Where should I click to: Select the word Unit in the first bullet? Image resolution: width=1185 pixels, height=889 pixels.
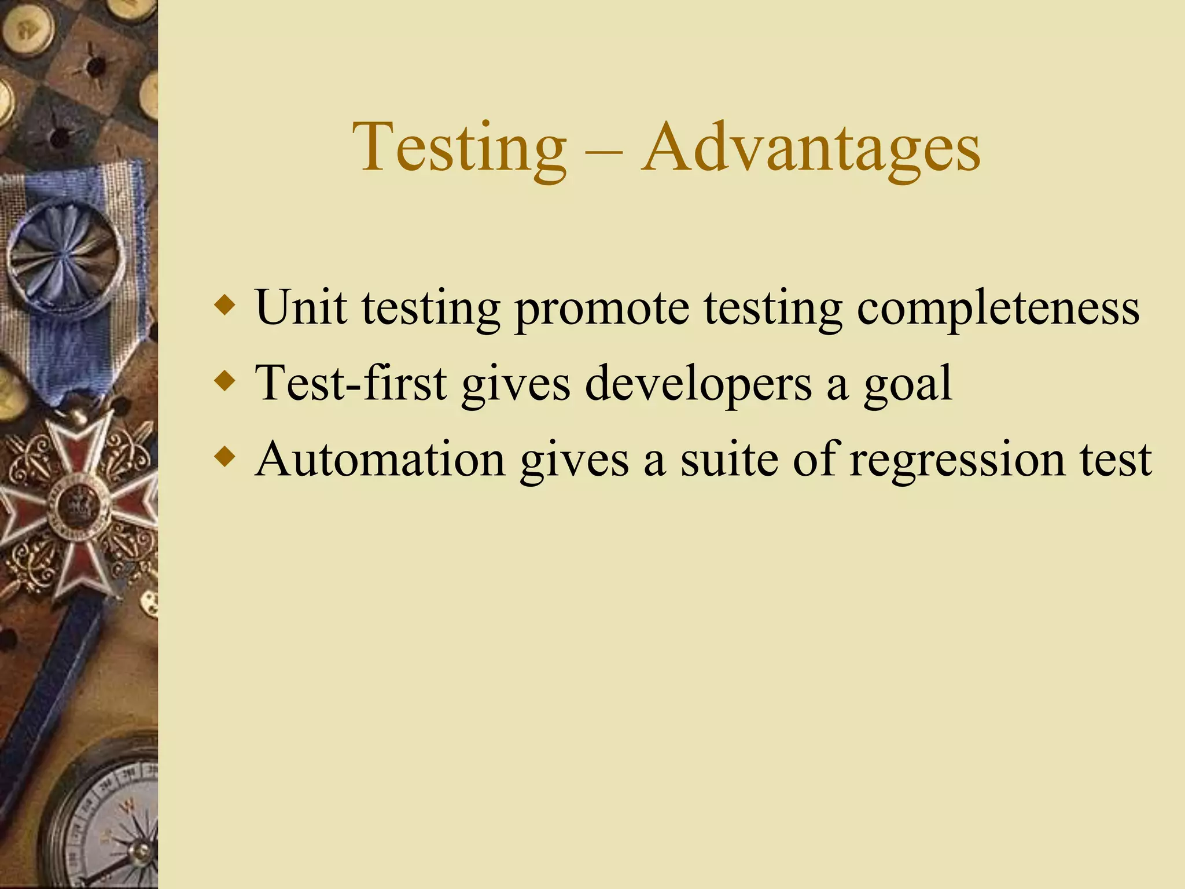click(x=301, y=307)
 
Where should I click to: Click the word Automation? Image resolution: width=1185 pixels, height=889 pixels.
click(x=381, y=459)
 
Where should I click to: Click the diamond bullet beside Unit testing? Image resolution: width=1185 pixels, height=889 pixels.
click(x=225, y=304)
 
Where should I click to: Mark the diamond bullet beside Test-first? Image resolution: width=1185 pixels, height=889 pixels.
click(x=225, y=381)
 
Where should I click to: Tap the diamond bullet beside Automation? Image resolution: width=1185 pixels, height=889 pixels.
click(x=225, y=457)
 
